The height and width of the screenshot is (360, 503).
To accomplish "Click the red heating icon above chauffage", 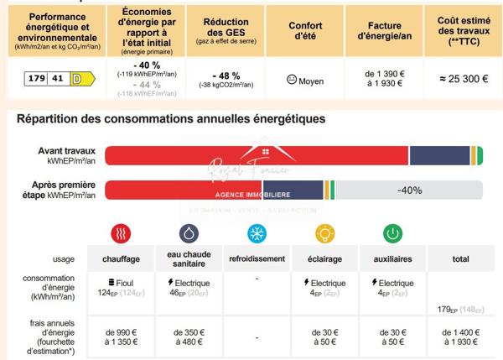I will (122, 233).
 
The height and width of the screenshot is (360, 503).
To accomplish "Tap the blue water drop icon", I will (189, 233).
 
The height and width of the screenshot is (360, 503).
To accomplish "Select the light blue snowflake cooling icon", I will (257, 233).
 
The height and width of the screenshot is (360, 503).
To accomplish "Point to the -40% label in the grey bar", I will (409, 190).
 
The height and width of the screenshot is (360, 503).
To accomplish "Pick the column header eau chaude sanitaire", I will (189, 259).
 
